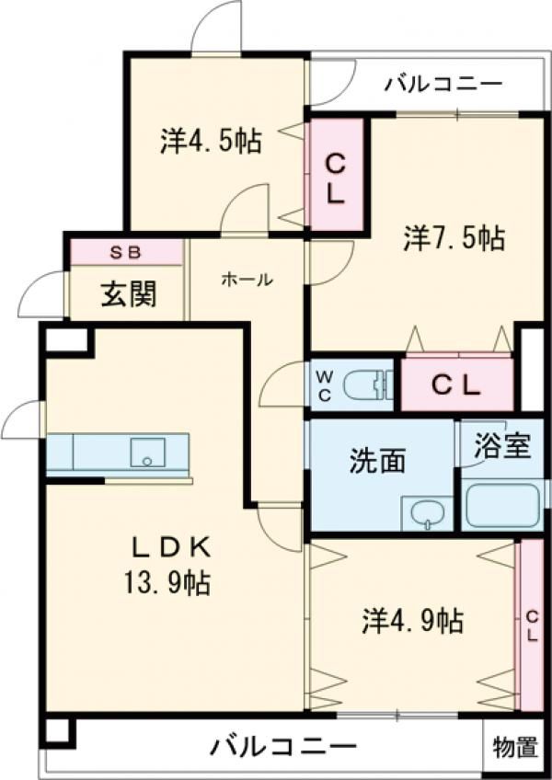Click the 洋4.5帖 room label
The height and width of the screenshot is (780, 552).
click(x=211, y=141)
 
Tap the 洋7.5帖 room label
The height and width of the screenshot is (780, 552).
click(x=454, y=238)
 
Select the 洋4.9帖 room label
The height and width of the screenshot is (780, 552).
click(x=413, y=620)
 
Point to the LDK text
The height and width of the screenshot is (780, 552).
click(x=172, y=548)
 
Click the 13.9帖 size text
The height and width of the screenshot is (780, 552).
click(x=167, y=582)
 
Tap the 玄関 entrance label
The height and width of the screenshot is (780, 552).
click(x=129, y=293)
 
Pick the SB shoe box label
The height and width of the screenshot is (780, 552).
click(x=126, y=253)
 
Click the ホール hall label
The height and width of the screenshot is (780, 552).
click(x=247, y=280)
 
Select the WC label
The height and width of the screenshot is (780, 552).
click(x=325, y=385)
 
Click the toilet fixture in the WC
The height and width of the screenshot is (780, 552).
click(x=368, y=385)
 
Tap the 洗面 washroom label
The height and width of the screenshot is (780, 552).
click(x=377, y=460)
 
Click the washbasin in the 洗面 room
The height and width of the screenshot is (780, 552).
click(x=427, y=513)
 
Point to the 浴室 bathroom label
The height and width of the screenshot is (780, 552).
click(x=502, y=445)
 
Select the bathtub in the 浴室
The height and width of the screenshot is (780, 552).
click(x=502, y=505)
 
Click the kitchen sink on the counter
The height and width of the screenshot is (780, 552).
click(x=147, y=453)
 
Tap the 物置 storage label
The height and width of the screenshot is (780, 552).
click(x=516, y=747)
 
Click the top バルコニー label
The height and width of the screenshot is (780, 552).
click(x=443, y=84)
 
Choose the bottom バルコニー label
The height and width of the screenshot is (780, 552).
click(x=283, y=747)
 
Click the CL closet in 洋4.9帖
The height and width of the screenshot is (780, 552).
click(x=532, y=625)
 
